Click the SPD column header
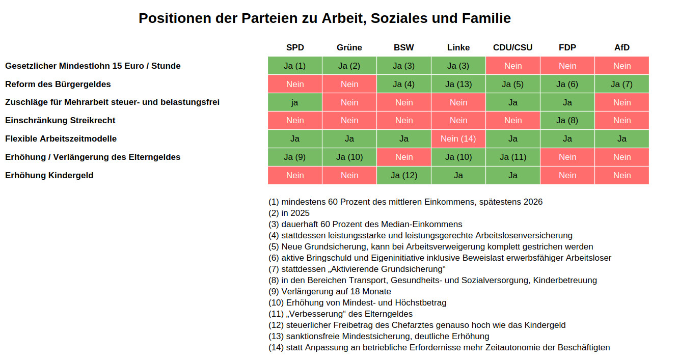pos(295,47)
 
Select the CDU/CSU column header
pos(512,47)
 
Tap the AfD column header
pos(621,47)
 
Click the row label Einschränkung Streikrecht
pos(60,120)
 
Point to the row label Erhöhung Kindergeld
pos(49,175)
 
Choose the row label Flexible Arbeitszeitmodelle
pos(61,139)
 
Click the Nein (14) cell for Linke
pos(458,139)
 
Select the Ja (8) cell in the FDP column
pos(567,120)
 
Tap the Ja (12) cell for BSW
pos(404,175)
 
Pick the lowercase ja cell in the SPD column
pos(295,102)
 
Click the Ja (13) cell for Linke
pos(458,84)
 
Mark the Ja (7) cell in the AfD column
pos(621,84)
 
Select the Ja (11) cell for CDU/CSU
pos(513,157)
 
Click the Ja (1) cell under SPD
pos(295,66)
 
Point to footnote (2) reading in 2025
pos(289,213)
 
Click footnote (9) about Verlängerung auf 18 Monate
pos(330,291)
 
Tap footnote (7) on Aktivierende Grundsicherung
pos(357,269)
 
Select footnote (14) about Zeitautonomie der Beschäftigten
pos(439,347)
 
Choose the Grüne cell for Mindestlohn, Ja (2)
pos(349,66)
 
